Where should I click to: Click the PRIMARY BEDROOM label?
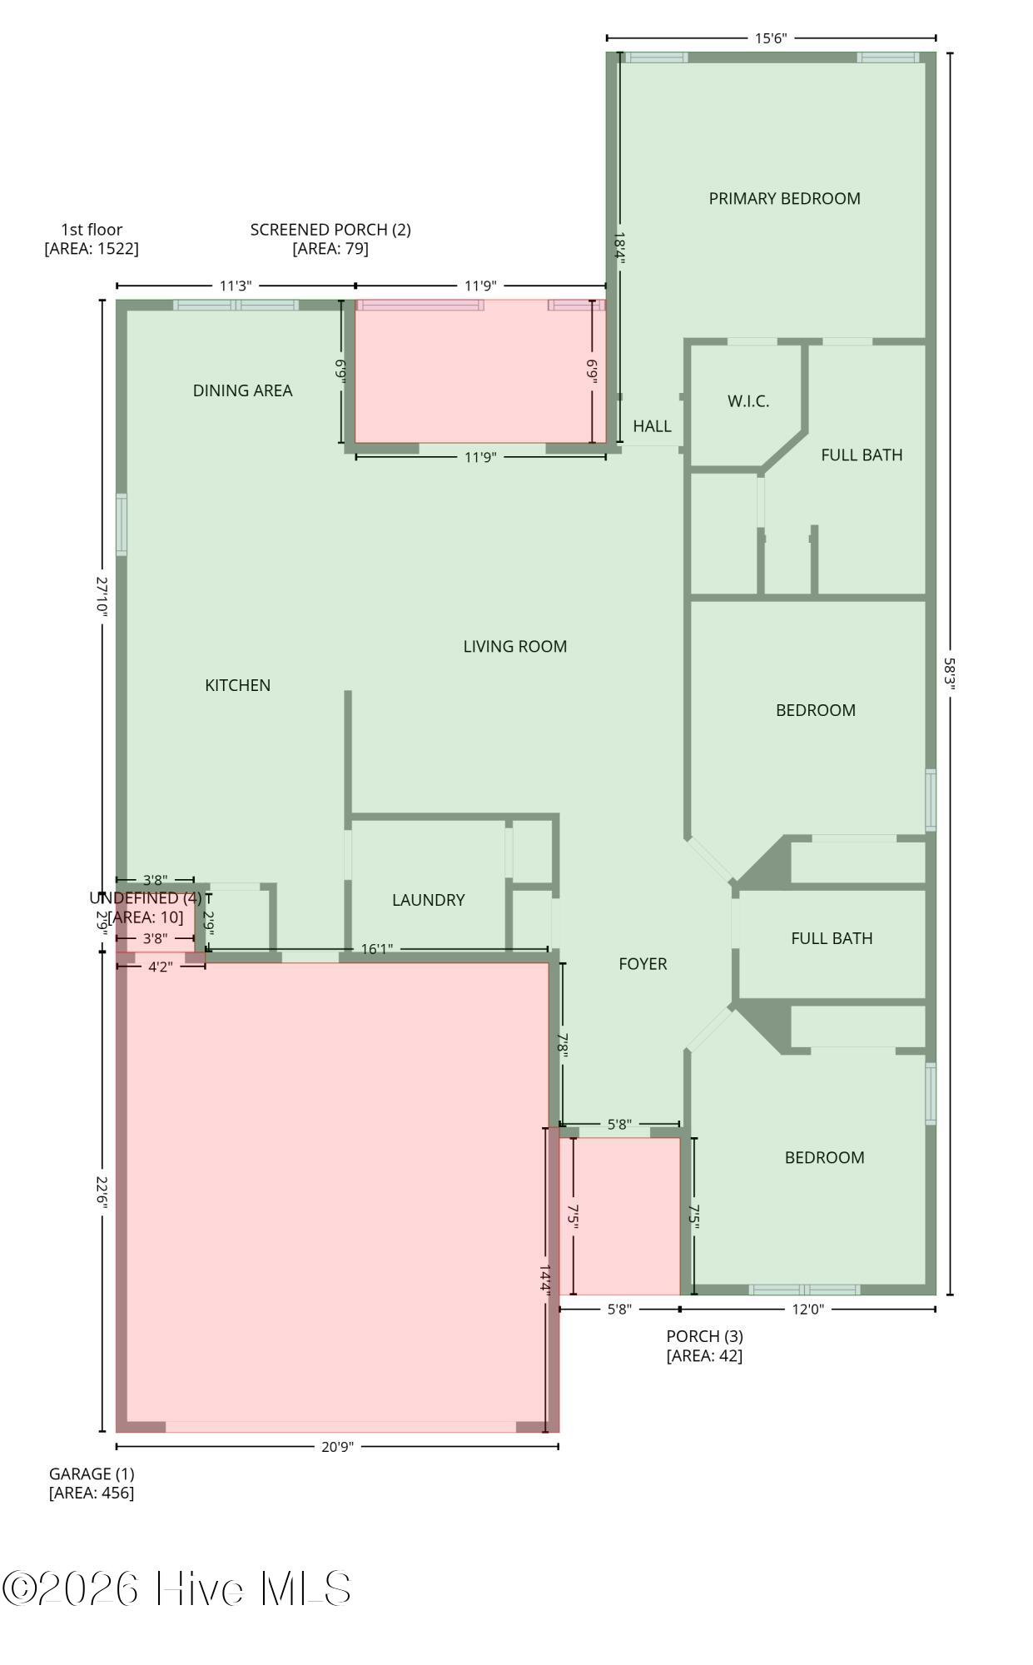click(x=784, y=198)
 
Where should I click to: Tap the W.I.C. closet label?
click(x=747, y=401)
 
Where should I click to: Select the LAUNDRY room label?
click(x=428, y=900)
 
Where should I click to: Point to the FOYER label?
click(x=643, y=964)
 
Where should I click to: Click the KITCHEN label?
click(x=237, y=685)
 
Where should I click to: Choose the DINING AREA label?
click(x=242, y=390)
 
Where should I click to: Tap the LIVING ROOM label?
click(x=514, y=646)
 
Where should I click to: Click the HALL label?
click(x=652, y=426)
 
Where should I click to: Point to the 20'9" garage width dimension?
click(x=337, y=1446)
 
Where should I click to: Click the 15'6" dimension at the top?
click(x=770, y=38)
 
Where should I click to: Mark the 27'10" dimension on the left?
click(x=102, y=596)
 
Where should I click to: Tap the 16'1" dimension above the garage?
click(x=376, y=949)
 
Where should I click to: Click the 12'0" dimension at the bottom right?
click(x=807, y=1309)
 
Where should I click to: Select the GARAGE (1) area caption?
click(x=92, y=1483)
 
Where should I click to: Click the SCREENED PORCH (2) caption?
click(x=330, y=239)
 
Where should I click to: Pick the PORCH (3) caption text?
click(x=704, y=1345)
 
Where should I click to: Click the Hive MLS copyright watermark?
click(x=176, y=1589)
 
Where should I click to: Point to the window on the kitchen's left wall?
click(x=122, y=524)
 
